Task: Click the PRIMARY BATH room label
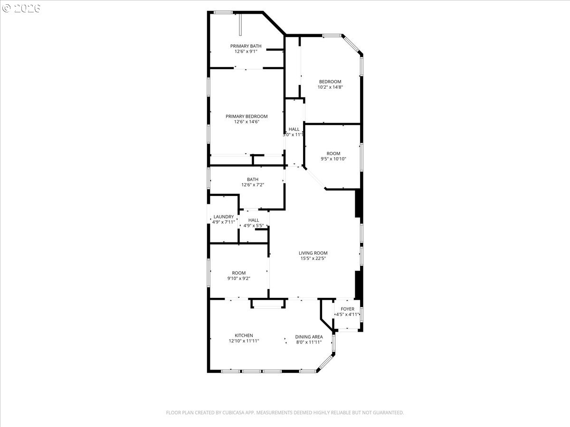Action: pyautogui.click(x=246, y=46)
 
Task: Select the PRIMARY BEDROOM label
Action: pyautogui.click(x=247, y=116)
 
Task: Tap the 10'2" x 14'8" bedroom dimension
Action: pyautogui.click(x=330, y=87)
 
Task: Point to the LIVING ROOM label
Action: pyautogui.click(x=313, y=253)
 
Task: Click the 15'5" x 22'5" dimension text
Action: pyautogui.click(x=313, y=259)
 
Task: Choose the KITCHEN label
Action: pyautogui.click(x=244, y=335)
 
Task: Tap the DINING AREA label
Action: pyautogui.click(x=309, y=337)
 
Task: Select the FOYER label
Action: pyautogui.click(x=347, y=309)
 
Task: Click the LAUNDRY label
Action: pyautogui.click(x=224, y=217)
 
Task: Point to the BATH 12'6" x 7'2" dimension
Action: pyautogui.click(x=253, y=185)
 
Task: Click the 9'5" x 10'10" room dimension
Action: pyautogui.click(x=333, y=159)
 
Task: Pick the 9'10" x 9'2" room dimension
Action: pyautogui.click(x=238, y=278)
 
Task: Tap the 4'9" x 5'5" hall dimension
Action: pyautogui.click(x=254, y=226)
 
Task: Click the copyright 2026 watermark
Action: pyautogui.click(x=21, y=8)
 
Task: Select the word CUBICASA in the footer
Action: pyautogui.click(x=233, y=412)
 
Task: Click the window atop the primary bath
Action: pyautogui.click(x=223, y=12)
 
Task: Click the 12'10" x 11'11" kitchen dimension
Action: pyautogui.click(x=244, y=341)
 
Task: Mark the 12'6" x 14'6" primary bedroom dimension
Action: pyautogui.click(x=247, y=122)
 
